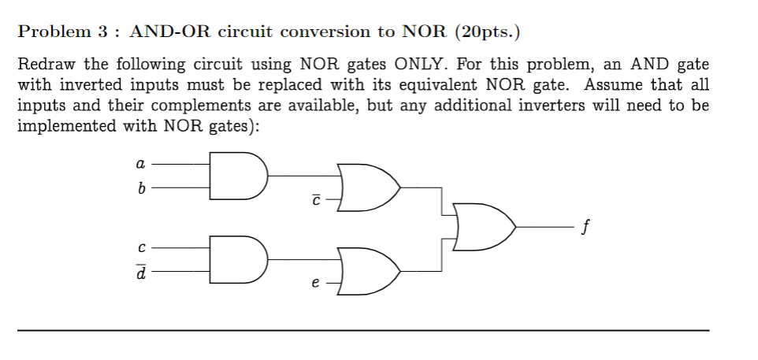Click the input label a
click(x=140, y=165)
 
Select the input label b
click(x=140, y=188)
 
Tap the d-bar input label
click(x=140, y=272)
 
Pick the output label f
click(x=583, y=229)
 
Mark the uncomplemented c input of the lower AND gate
click(x=140, y=247)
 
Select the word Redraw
click(x=45, y=64)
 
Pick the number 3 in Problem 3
click(x=102, y=32)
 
